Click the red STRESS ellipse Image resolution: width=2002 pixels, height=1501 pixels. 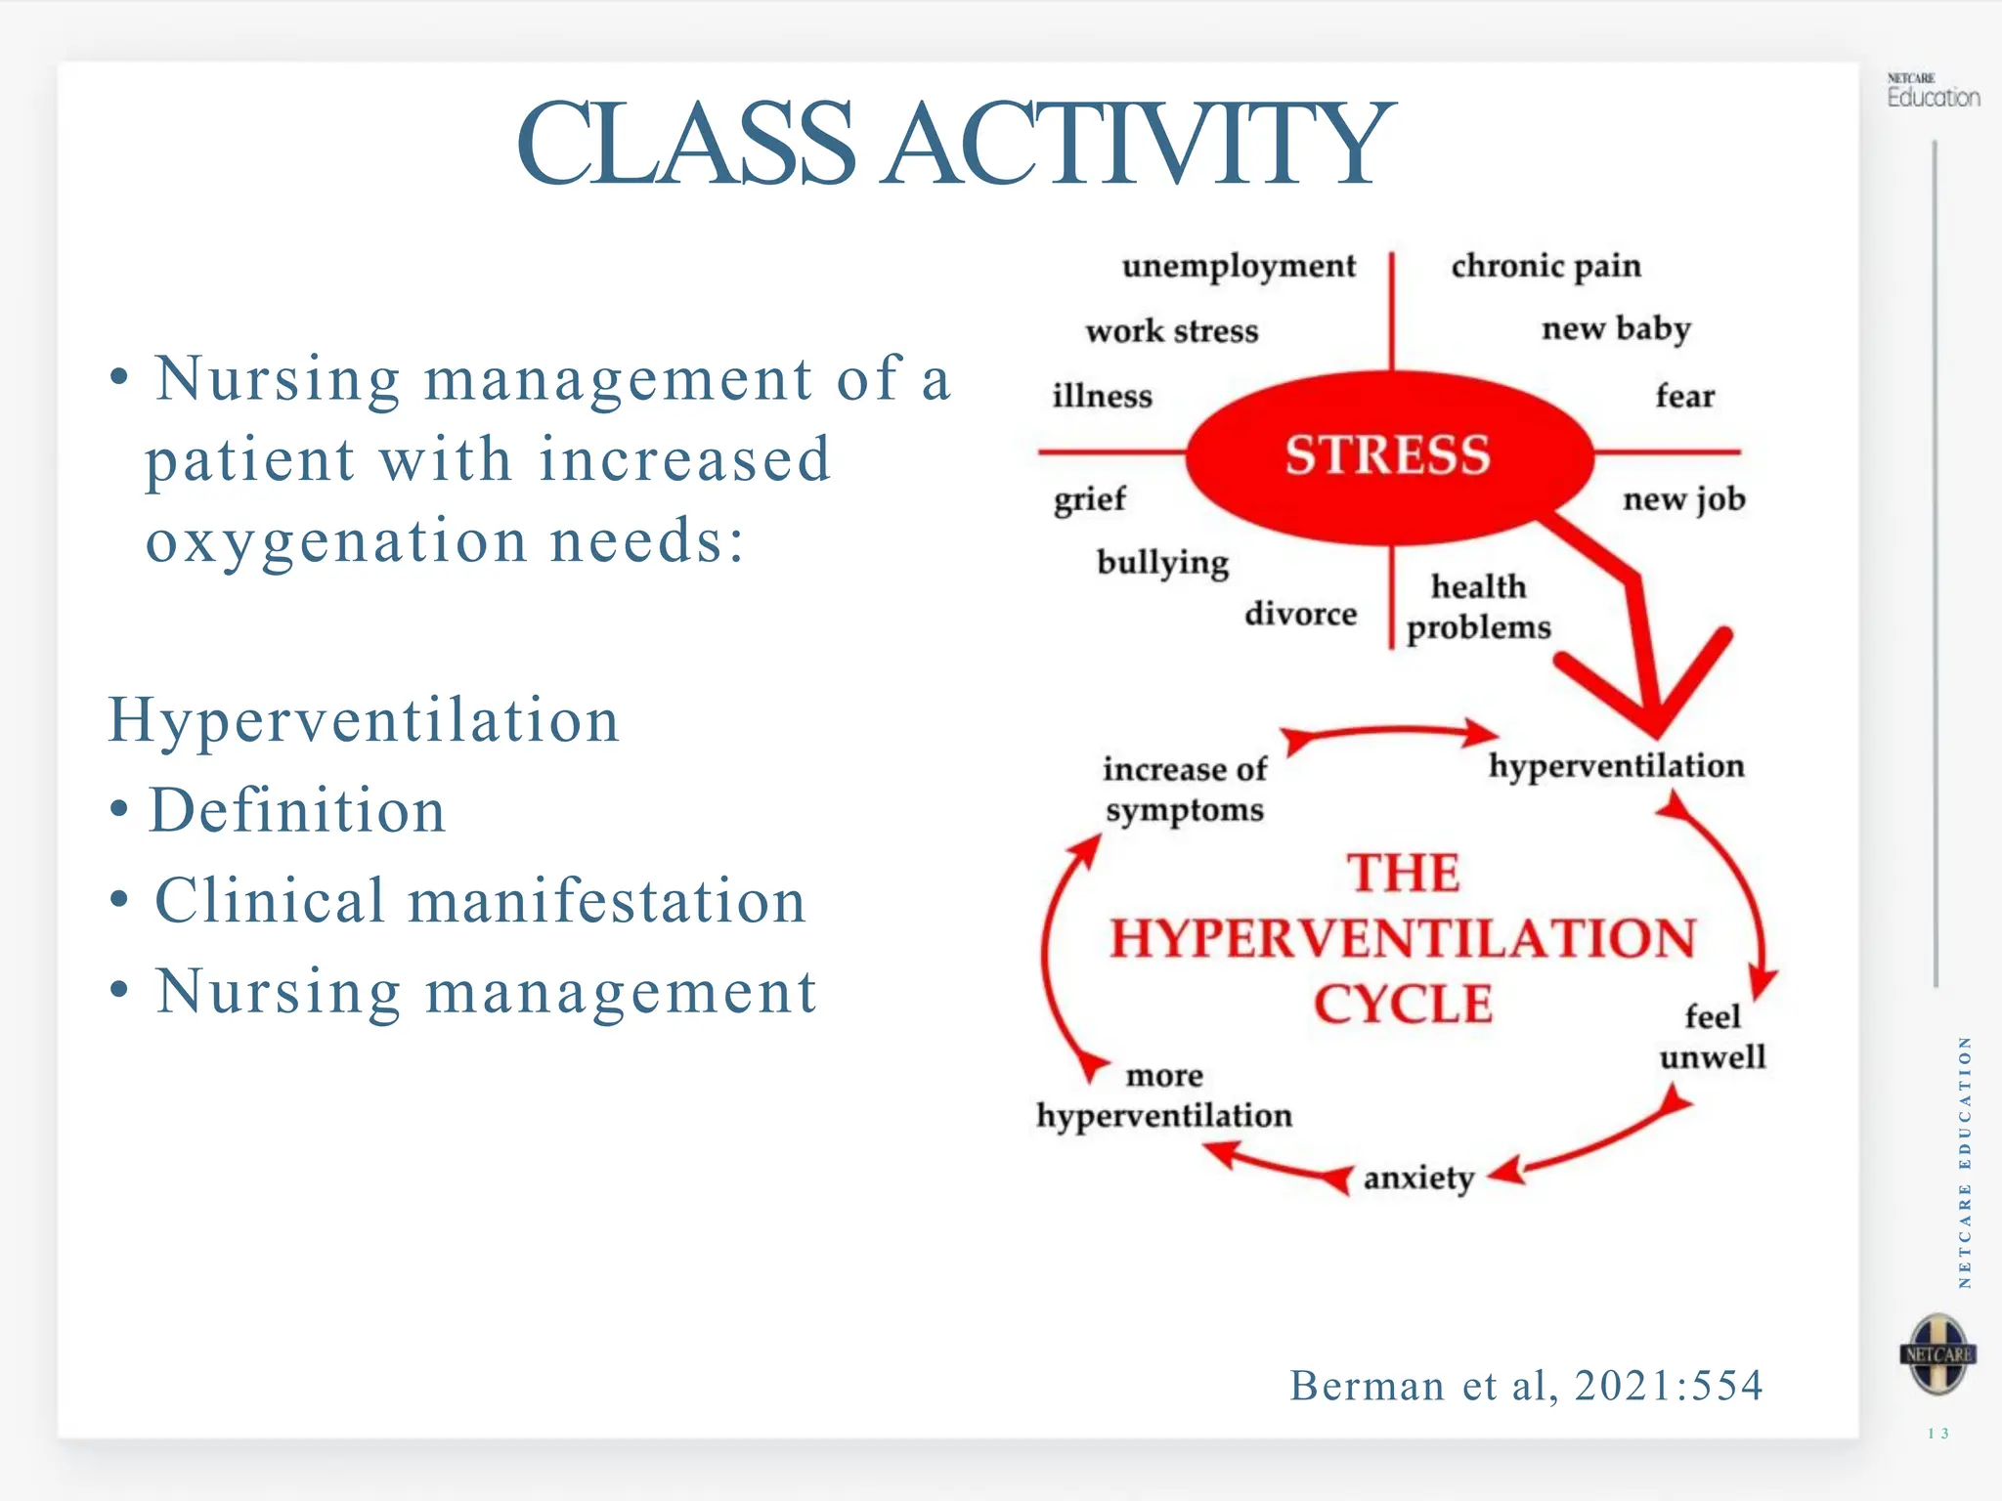[1388, 456]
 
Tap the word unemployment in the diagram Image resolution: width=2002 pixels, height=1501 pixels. [1239, 267]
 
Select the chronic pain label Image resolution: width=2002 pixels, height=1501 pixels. [1545, 267]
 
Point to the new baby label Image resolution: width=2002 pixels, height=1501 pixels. [1616, 329]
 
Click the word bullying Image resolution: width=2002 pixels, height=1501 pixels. [1162, 563]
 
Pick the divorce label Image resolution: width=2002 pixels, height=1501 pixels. [1300, 614]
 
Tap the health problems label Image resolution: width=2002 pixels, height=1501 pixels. [1478, 607]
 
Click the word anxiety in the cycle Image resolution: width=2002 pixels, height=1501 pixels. [1418, 1179]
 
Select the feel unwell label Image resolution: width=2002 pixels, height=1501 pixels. [1713, 1037]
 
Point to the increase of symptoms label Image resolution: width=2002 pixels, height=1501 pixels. [1185, 790]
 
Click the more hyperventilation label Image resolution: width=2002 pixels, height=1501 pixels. [1164, 1096]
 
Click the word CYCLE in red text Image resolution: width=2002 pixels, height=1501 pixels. [1403, 1005]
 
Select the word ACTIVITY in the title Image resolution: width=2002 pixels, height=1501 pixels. [1138, 145]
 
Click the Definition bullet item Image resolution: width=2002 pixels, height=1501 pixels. [297, 811]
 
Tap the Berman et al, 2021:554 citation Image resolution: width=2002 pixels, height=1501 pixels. [1526, 1386]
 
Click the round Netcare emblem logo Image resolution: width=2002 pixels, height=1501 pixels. [1938, 1354]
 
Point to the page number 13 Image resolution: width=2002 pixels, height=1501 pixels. [1938, 1434]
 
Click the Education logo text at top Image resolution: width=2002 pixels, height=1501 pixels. [1933, 97]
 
